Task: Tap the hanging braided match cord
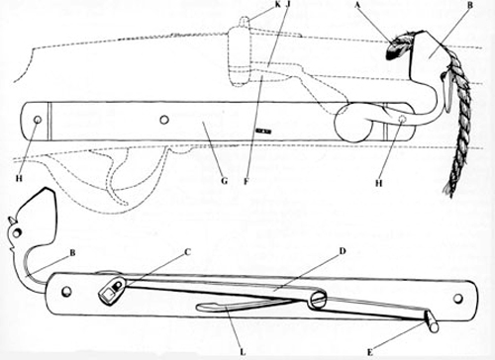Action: coord(454,138)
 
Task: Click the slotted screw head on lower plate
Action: coord(318,298)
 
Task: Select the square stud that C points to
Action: coord(112,292)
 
